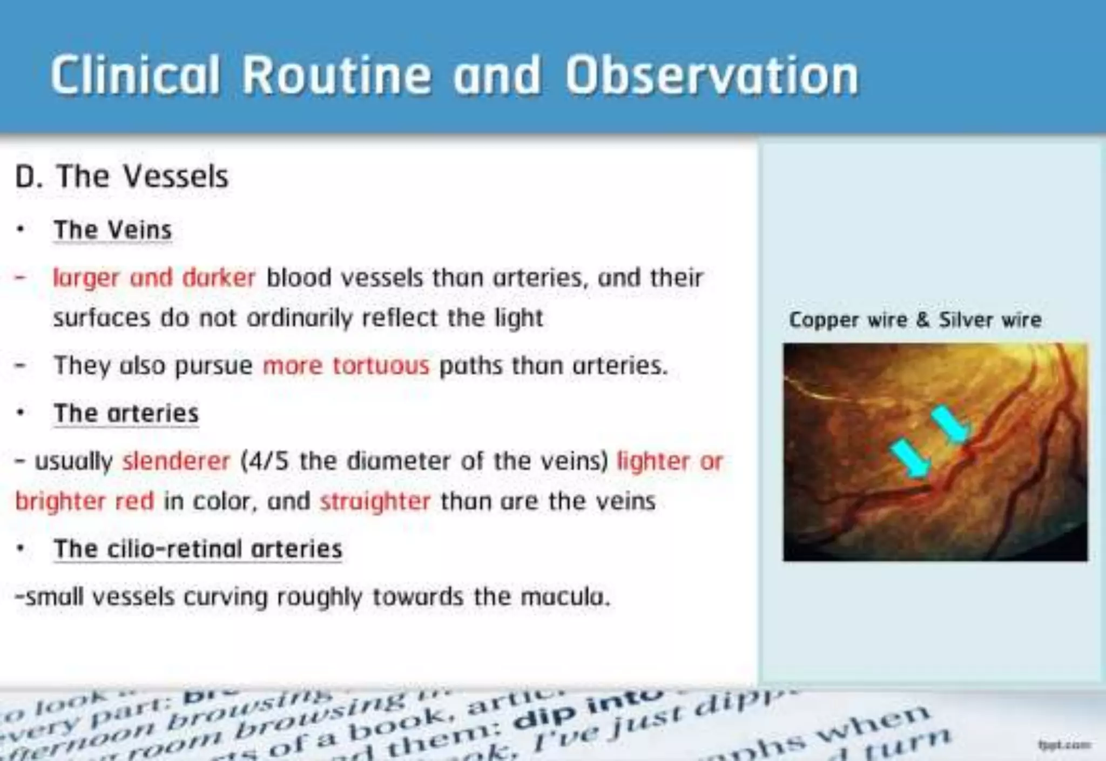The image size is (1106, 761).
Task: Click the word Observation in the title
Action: pos(712,76)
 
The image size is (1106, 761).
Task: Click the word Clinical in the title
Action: pos(136,76)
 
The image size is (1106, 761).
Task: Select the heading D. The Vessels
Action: pos(122,176)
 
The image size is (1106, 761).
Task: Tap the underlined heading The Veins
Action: pos(113,230)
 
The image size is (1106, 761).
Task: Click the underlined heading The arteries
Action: pos(126,414)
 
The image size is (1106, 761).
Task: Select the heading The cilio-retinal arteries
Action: pos(198,549)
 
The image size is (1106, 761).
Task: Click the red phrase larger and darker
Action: pos(154,278)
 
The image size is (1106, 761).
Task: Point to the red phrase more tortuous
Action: pos(346,366)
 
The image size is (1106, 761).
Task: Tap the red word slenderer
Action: pos(177,462)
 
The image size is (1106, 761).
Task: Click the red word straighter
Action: pos(375,502)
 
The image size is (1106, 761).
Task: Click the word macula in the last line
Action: pos(564,597)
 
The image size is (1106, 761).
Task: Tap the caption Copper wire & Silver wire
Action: pos(915,320)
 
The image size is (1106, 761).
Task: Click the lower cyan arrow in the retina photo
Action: pos(911,459)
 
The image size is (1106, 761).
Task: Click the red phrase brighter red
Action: pos(85,502)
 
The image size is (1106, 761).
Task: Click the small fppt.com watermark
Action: pos(1063,745)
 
